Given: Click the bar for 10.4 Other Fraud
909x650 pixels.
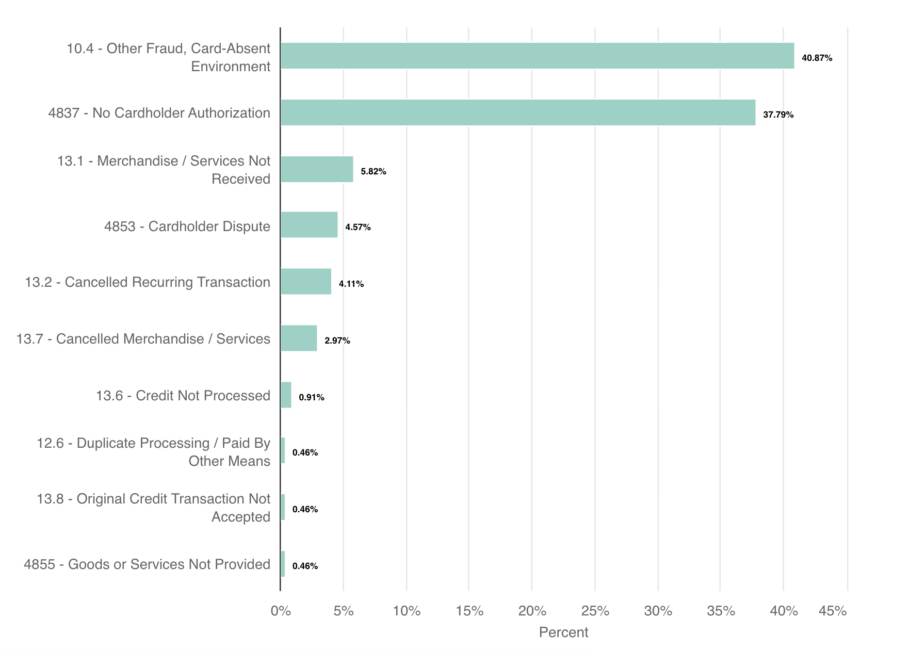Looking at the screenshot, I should point(537,56).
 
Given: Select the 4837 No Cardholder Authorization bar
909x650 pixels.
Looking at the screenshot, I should point(517,112).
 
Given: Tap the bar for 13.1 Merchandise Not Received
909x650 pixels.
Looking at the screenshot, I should point(317,169).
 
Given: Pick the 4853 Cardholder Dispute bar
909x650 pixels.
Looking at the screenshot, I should point(309,225).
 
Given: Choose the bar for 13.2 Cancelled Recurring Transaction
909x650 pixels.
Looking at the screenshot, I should point(306,282).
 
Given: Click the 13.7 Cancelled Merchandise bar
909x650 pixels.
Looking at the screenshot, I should point(299,338).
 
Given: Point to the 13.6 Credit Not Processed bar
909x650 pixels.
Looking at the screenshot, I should point(286,395).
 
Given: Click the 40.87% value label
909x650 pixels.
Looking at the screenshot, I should point(817,58).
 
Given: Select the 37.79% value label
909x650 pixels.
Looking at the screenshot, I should point(778,115).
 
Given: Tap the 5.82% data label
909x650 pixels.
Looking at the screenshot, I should point(373,172).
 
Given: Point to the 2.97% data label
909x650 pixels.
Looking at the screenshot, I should point(337,341).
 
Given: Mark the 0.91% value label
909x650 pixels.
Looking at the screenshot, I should point(311,398).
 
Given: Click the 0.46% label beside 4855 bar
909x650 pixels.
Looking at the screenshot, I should point(305,566).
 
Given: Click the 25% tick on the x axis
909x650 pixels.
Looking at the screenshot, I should point(595,611).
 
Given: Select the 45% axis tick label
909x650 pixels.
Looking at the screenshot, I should point(833,611).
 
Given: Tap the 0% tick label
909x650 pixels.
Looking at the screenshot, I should point(281,611).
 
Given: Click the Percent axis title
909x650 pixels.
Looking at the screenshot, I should point(563,632).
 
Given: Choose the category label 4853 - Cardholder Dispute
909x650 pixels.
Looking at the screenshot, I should point(187,226).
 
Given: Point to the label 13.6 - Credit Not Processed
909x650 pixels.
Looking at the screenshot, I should point(183,396).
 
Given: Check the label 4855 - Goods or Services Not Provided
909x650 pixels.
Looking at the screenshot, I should point(147,564).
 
